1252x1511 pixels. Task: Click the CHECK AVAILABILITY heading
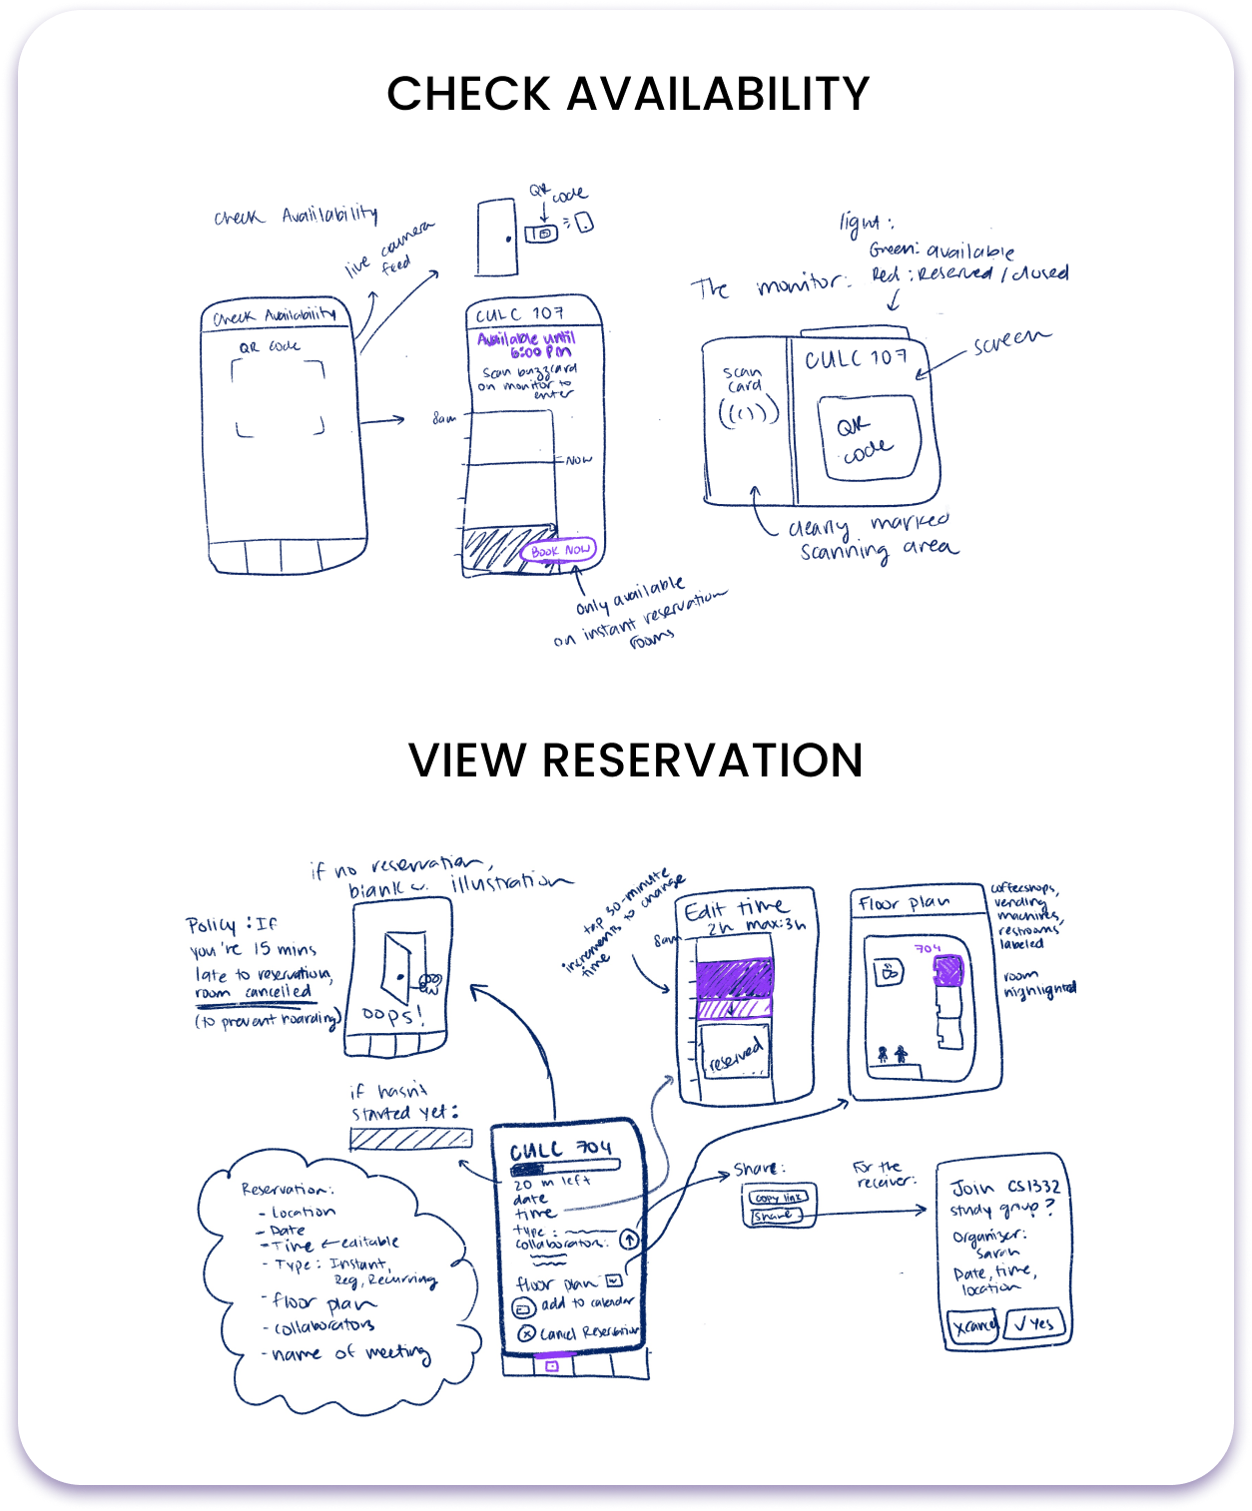click(628, 94)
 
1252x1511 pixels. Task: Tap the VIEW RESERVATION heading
click(636, 760)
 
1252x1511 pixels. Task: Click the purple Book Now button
click(560, 550)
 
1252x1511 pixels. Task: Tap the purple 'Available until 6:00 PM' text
click(526, 345)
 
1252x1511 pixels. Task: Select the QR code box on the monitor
click(867, 437)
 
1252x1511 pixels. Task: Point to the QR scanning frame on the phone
click(281, 398)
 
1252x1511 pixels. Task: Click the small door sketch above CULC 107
click(496, 237)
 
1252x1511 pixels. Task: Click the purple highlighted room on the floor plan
click(947, 969)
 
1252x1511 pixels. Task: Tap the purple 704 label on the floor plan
click(928, 947)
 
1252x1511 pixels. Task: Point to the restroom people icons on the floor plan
click(892, 1053)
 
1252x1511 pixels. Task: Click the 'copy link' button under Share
click(779, 1197)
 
